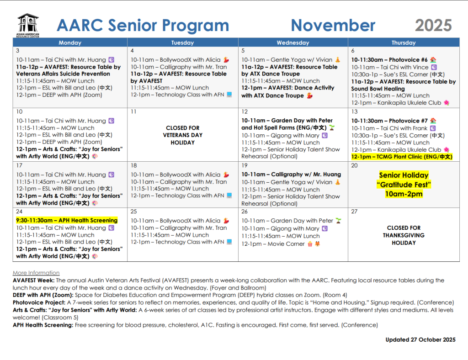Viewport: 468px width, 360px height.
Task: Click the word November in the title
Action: tap(333, 26)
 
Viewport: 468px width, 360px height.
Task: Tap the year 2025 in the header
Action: tap(433, 26)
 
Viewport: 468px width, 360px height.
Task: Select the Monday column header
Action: tap(70, 42)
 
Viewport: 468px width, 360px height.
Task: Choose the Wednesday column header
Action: tap(292, 42)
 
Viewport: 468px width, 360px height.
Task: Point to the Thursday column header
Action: tap(404, 42)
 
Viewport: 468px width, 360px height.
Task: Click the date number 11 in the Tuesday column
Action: tap(133, 111)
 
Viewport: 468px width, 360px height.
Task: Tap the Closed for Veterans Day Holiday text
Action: tap(182, 135)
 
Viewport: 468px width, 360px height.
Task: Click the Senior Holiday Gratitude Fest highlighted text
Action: tap(404, 185)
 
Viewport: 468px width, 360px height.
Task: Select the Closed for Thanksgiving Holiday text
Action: tap(404, 235)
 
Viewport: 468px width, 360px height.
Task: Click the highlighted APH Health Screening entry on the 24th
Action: tap(67, 220)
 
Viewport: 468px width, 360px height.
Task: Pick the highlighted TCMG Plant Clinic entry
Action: tap(402, 157)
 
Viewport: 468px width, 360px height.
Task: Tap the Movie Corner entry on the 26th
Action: tap(273, 244)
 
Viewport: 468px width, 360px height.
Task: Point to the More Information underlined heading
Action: tap(36, 273)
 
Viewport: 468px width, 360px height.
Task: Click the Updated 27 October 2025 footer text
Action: tap(420, 339)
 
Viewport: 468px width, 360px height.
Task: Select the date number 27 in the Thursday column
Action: tap(355, 212)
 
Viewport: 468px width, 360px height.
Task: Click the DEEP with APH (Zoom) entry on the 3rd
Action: tap(59, 95)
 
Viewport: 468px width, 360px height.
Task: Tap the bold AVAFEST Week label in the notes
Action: tap(34, 280)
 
